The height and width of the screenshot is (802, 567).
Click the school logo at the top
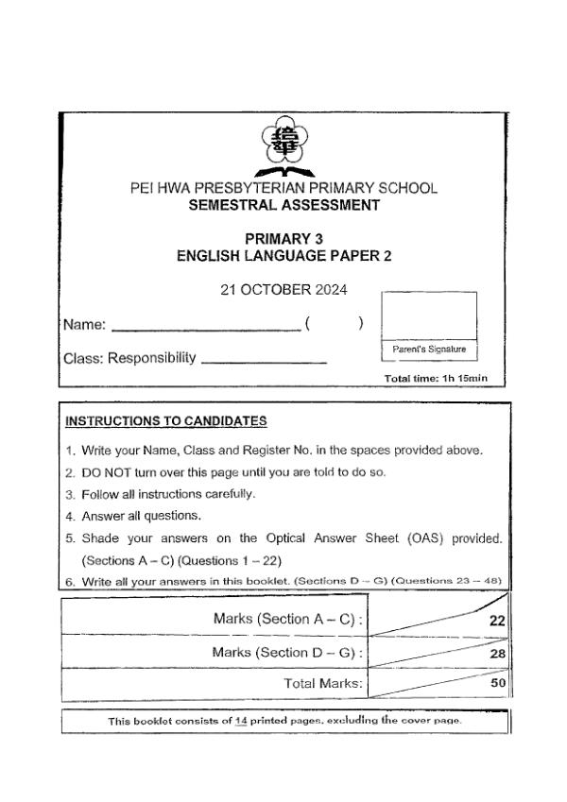(x=283, y=144)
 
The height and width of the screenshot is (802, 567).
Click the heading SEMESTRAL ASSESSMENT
(x=283, y=205)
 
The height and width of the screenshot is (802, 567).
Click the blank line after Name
(x=205, y=328)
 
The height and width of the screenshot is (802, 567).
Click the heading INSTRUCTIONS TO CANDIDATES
(x=165, y=420)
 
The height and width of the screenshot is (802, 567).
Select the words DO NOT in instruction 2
(x=103, y=471)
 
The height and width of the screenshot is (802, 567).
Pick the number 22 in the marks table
(x=498, y=621)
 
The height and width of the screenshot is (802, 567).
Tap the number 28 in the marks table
(x=498, y=654)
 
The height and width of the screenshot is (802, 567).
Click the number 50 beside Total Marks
(x=498, y=683)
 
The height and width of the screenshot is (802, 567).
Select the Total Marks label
(x=324, y=683)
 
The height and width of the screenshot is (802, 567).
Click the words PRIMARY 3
(x=283, y=239)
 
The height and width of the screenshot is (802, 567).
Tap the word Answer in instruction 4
(x=101, y=516)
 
